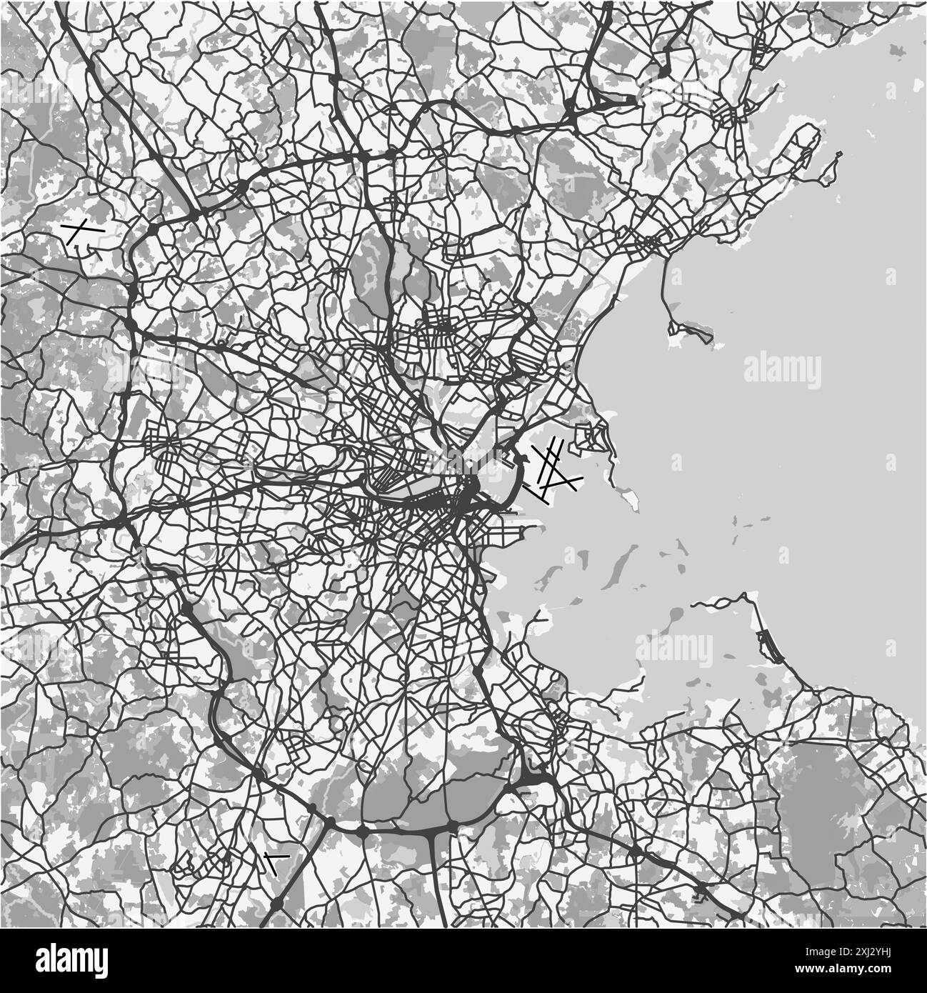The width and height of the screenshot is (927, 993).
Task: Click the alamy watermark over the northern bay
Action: [x=783, y=369]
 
